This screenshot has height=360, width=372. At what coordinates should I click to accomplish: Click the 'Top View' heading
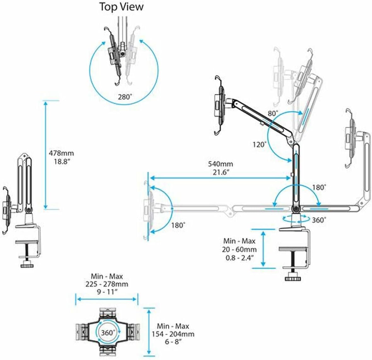pyautogui.click(x=121, y=7)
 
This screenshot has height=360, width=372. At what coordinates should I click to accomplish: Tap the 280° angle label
pyautogui.click(x=124, y=97)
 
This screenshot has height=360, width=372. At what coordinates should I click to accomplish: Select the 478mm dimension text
pyautogui.click(x=61, y=153)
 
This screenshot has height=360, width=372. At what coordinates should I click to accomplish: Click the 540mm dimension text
pyautogui.click(x=220, y=164)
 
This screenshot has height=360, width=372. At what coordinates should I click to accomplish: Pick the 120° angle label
pyautogui.click(x=259, y=145)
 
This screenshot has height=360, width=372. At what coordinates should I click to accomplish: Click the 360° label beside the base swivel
pyautogui.click(x=319, y=220)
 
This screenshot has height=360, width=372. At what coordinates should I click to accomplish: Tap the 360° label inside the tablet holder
pyautogui.click(x=107, y=333)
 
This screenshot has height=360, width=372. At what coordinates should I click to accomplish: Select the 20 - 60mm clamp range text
pyautogui.click(x=239, y=249)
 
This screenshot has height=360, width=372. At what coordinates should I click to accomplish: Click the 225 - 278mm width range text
pyautogui.click(x=107, y=284)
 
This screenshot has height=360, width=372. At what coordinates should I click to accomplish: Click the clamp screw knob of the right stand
pyautogui.click(x=293, y=279)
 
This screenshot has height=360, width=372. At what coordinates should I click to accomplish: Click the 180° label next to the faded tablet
pyautogui.click(x=178, y=225)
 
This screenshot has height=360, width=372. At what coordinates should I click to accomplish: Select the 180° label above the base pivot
pyautogui.click(x=319, y=187)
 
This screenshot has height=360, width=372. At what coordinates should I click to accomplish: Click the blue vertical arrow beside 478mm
pyautogui.click(x=46, y=155)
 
